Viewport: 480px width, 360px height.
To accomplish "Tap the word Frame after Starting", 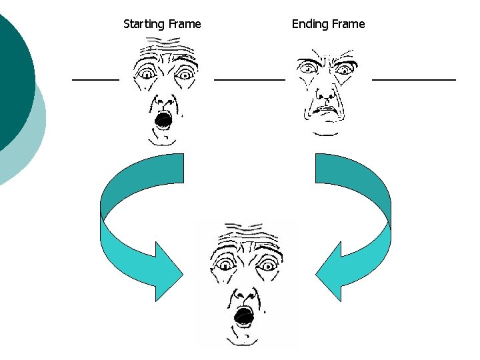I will pyautogui.click(x=185, y=24).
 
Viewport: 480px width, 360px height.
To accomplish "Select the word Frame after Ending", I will pyautogui.click(x=348, y=24).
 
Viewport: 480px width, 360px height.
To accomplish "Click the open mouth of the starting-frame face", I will pyautogui.click(x=163, y=120).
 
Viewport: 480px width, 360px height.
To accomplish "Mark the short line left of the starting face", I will pyautogui.click(x=95, y=79).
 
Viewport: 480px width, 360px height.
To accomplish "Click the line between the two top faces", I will pyautogui.click(x=249, y=79).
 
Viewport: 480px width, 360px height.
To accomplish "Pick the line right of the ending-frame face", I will pyautogui.click(x=413, y=79).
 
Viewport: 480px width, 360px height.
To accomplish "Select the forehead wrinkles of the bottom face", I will pyautogui.click(x=244, y=235).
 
